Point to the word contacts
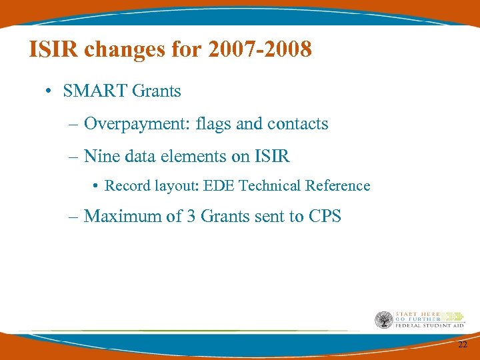[x=297, y=124]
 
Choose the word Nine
[x=101, y=157]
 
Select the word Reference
[x=339, y=186]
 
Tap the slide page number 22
[x=462, y=344]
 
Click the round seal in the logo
[x=383, y=320]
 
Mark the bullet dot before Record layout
[x=97, y=187]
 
